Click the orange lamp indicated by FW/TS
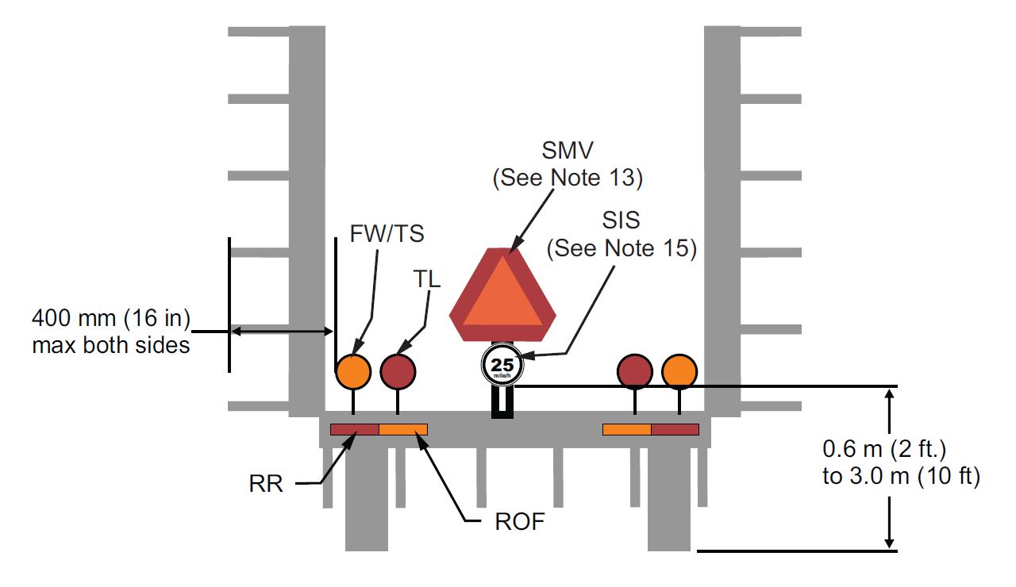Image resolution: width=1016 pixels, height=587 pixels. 353,371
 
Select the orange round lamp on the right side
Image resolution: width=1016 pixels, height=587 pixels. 679,371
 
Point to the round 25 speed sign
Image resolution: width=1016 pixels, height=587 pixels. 502,366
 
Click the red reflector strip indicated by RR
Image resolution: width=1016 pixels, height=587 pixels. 355,430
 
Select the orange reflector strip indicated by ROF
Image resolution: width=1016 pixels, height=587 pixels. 403,430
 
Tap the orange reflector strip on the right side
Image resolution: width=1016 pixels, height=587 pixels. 627,430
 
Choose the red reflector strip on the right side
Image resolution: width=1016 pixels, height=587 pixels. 675,430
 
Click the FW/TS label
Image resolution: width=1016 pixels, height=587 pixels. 387,235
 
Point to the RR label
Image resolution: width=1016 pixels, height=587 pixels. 265,483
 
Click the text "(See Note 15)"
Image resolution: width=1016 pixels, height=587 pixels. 622,248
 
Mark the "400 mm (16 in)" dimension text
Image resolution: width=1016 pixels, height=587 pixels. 111,320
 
